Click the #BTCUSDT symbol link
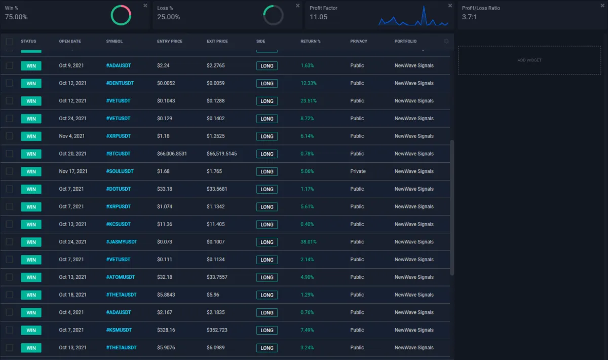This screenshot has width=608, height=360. tap(118, 154)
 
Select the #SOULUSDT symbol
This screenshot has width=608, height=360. tap(120, 171)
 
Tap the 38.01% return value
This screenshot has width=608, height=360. tap(308, 242)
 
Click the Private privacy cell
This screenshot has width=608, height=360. tap(358, 171)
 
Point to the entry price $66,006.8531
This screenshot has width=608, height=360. tap(172, 154)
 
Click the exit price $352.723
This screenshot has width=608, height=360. tap(217, 330)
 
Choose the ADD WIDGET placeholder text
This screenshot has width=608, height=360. tap(529, 60)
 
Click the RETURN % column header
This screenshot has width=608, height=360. tap(310, 42)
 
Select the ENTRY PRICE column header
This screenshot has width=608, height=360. tap(169, 42)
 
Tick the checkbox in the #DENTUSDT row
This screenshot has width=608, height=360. tap(9, 83)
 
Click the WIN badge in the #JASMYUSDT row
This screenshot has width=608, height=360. tap(31, 242)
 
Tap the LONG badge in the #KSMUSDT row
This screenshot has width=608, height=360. tap(267, 330)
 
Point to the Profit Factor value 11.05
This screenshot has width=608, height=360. tap(319, 17)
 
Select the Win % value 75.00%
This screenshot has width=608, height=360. tap(16, 17)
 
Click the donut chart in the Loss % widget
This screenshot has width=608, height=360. tap(273, 15)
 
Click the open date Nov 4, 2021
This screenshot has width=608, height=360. tap(72, 136)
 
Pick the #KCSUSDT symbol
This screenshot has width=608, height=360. tap(118, 224)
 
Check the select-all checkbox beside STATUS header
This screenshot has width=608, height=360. tap(9, 42)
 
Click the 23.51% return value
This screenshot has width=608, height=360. tap(308, 101)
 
